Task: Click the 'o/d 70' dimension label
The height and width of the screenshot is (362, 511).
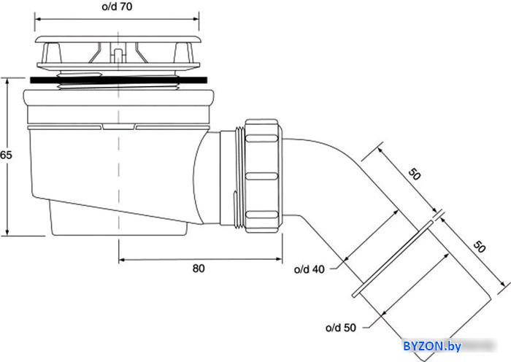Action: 117,7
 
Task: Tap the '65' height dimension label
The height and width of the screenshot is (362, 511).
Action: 6,155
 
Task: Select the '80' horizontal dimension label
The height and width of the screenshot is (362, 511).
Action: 199,269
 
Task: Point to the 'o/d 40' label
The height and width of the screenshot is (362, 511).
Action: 310,269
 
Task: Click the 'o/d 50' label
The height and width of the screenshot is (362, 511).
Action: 341,328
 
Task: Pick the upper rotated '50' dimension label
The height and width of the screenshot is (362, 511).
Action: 415,174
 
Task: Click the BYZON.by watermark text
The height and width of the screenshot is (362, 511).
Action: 432,346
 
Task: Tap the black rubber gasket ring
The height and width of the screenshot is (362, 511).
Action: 118,80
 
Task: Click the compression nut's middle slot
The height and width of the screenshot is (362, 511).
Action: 261,177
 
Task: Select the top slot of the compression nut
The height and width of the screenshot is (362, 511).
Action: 261,138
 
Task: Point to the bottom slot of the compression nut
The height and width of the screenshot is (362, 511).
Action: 261,215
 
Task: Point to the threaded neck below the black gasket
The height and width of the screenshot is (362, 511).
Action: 118,86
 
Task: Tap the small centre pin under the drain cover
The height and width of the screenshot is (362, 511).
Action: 118,55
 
